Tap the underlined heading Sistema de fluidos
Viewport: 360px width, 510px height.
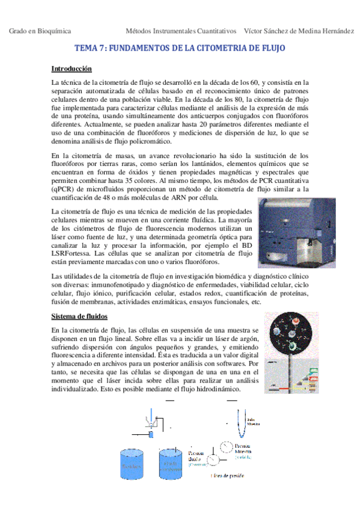[80, 316]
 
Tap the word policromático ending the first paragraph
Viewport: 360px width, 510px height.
[150, 141]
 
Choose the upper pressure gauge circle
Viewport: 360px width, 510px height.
[227, 447]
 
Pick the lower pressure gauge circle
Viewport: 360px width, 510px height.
[213, 459]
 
